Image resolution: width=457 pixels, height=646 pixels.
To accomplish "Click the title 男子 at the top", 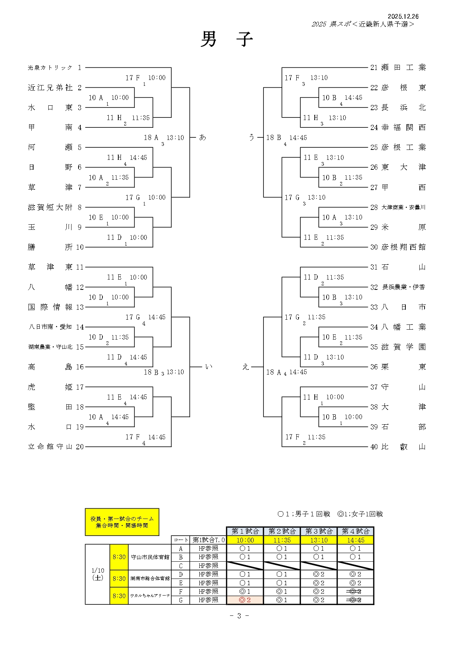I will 226,39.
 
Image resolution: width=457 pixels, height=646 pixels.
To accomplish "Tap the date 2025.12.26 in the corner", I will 403,17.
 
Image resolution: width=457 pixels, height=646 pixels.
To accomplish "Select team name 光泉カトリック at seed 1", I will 50,68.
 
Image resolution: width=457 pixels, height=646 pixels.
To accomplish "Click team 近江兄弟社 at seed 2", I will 50,88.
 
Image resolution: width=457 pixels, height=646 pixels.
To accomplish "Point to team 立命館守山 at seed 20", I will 50,447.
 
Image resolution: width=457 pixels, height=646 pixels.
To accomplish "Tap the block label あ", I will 203,137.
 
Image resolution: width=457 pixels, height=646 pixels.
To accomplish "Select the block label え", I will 246,367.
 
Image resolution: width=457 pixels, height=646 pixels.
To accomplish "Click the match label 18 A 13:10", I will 164,138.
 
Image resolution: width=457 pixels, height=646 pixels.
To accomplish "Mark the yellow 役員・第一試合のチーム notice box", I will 122,522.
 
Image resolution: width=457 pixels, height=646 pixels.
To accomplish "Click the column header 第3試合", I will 319,531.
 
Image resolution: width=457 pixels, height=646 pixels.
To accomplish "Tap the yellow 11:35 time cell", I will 282,540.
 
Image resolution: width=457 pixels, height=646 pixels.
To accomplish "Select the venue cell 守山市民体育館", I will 150,557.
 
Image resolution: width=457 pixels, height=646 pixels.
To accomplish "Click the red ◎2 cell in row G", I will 245,600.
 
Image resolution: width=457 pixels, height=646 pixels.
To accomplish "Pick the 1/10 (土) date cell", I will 98,574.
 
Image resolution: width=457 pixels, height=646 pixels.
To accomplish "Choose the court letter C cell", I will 181,566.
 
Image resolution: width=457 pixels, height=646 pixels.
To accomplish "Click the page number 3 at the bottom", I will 239,616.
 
